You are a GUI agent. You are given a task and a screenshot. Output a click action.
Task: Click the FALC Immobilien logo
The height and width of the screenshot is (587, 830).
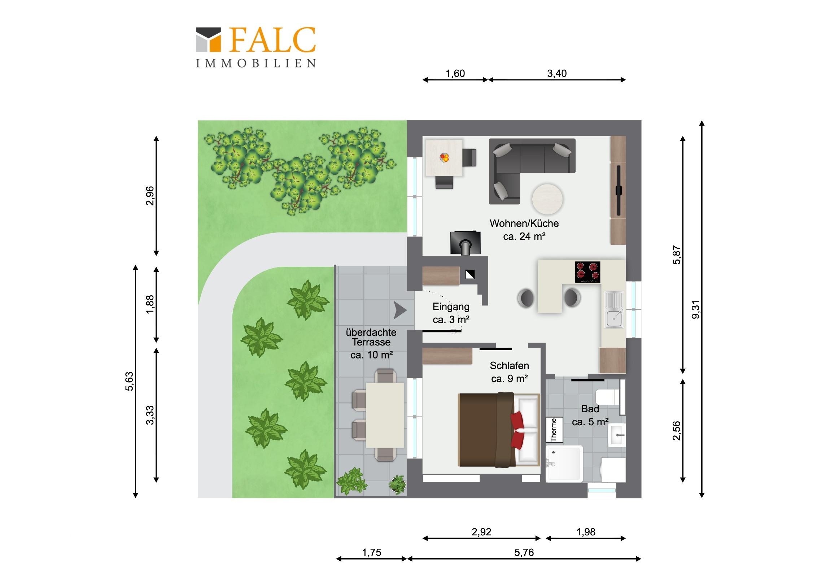pos(256,47)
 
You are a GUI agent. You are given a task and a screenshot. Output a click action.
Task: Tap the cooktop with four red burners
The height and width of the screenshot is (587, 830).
pos(588,272)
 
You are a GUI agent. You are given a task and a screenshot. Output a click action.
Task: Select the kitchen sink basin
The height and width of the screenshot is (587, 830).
pos(614,319)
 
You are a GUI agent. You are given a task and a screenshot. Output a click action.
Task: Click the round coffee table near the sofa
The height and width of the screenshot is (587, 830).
pos(547,199)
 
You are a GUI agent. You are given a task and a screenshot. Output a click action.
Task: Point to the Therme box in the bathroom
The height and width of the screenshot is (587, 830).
pos(554,430)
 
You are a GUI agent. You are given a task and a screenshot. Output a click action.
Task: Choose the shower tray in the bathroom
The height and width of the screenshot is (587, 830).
pos(564,464)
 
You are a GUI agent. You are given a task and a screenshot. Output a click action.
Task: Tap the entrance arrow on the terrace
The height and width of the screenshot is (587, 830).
pos(400,310)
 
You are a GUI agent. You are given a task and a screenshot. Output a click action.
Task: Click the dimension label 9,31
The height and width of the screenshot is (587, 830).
pos(695,310)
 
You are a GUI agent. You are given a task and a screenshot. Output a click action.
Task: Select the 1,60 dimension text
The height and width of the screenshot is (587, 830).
pos(455,73)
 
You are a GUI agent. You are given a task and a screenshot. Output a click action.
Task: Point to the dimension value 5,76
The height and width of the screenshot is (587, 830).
pos(524,553)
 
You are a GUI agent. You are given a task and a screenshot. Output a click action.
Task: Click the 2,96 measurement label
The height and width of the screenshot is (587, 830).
pos(150,196)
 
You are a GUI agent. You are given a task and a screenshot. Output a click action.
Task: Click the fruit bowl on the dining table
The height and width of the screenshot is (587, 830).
pos(444,158)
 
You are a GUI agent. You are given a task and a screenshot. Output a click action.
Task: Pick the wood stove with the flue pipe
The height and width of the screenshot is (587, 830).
pos(465,243)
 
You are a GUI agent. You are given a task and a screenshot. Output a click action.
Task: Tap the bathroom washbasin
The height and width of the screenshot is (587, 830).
pos(617,435)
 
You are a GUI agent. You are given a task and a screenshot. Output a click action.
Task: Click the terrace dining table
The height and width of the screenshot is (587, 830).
pos(385,415)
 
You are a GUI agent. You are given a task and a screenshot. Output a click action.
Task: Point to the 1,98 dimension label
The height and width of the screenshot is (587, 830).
pos(586,532)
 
